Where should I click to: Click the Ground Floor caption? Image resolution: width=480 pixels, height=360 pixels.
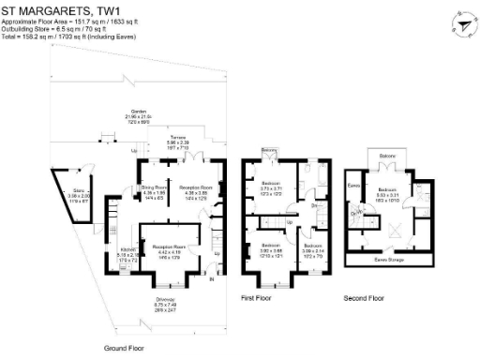pos(124,346)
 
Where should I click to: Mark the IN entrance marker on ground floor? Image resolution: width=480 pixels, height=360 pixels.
pos(211,279)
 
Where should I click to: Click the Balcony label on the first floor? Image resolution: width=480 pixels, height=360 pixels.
pos(269,151)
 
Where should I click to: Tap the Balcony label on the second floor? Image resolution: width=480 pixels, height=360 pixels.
pos(387,154)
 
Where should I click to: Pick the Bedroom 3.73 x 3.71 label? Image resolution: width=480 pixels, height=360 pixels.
pos(271,186)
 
